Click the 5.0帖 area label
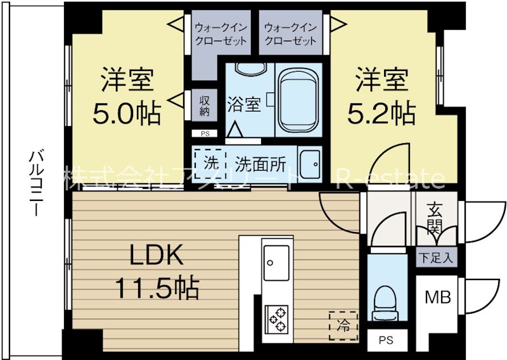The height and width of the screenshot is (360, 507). click(126, 115)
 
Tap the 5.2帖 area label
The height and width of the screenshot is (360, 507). click(382, 114)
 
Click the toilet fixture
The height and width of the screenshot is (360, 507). click(385, 304)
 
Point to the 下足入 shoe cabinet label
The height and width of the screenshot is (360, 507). click(434, 257)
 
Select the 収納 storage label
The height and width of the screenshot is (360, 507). click(204, 106)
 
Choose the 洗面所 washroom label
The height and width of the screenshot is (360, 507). click(260, 163)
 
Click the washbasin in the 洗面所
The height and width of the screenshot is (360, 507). click(310, 164)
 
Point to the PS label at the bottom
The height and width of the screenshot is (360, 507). click(385, 340)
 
